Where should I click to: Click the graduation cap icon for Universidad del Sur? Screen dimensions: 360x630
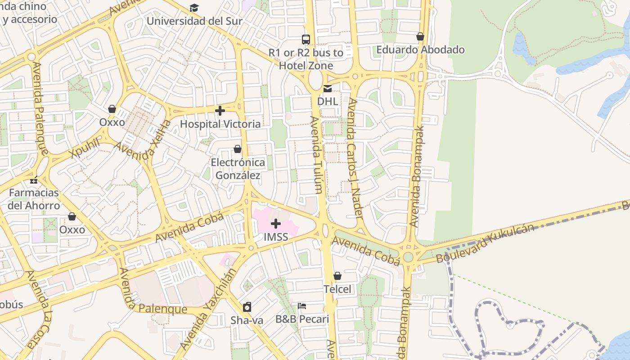[194, 8]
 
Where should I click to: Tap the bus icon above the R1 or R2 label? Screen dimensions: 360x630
[306, 39]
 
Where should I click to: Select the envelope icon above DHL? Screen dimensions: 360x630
[328, 88]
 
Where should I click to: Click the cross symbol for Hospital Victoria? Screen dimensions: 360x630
[220, 111]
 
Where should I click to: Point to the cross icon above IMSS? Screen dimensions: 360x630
[276, 224]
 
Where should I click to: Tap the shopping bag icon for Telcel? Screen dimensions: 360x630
[337, 276]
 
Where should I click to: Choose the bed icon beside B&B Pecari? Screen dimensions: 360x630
[302, 306]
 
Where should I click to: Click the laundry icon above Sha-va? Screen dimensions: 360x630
[247, 307]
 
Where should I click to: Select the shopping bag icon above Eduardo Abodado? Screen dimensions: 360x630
[420, 36]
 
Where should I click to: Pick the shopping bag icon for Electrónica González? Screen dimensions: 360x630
[238, 149]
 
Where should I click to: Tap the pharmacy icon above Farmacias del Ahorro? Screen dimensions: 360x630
[34, 180]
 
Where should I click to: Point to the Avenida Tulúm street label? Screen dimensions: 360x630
[316, 155]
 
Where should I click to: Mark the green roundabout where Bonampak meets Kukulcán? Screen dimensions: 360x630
[408, 257]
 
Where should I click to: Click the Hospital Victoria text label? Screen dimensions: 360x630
[220, 124]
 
